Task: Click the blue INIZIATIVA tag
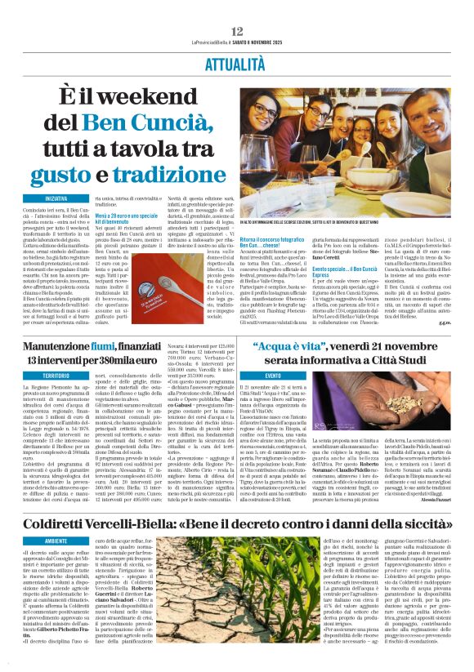click(56, 198)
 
